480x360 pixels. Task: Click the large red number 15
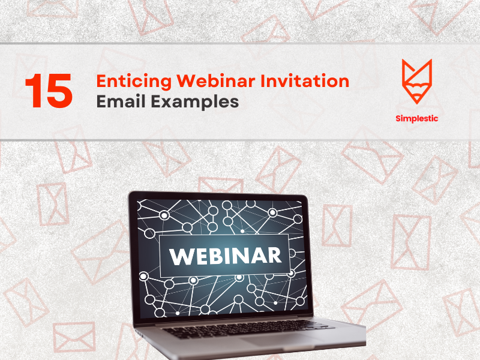pos(49,91)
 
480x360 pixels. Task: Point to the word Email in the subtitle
pos(120,101)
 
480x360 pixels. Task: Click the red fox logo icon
pos(417,82)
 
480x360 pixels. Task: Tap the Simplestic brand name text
pos(417,118)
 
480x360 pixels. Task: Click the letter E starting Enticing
pos(101,81)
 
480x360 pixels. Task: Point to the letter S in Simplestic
pos(398,118)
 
